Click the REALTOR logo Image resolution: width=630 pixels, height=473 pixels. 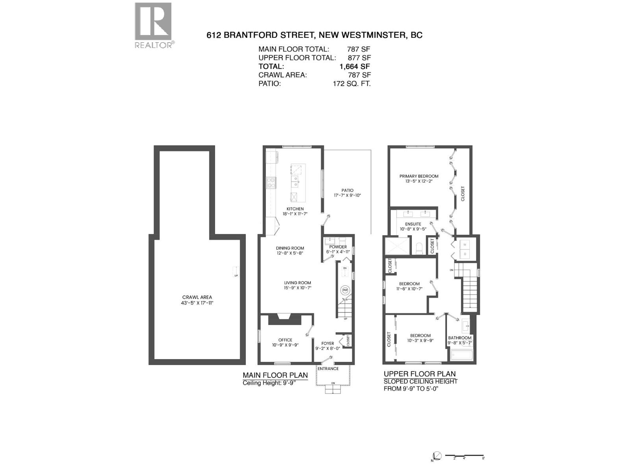coord(153,25)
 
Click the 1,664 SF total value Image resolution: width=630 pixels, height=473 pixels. coord(354,67)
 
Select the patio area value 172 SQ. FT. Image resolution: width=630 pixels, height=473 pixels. coord(351,84)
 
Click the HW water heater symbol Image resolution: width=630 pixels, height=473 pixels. coord(345,290)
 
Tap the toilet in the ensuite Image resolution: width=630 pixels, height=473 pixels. coord(419,248)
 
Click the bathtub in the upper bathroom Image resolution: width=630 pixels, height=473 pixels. coord(461,356)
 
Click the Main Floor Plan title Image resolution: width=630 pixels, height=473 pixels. coord(275,375)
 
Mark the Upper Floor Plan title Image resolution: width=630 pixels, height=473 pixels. coord(420,374)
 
